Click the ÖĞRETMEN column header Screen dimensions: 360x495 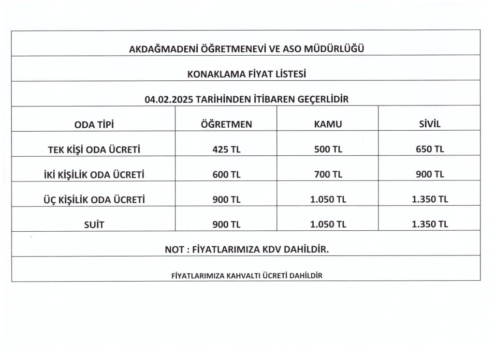(226, 124)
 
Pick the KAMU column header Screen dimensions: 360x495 (328, 124)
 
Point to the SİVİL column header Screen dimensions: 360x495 (429, 124)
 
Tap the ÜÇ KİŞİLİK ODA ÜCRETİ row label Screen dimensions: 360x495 (94, 199)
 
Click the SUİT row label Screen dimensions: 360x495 (94, 225)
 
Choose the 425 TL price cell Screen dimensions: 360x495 (226, 150)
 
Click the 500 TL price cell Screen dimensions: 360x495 (328, 150)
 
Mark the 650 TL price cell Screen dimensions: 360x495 (429, 150)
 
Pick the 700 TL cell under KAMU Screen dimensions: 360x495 (328, 175)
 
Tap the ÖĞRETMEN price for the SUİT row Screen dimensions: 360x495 (226, 225)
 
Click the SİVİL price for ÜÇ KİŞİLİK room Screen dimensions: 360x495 (429, 199)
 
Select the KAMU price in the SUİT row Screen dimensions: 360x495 (328, 225)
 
